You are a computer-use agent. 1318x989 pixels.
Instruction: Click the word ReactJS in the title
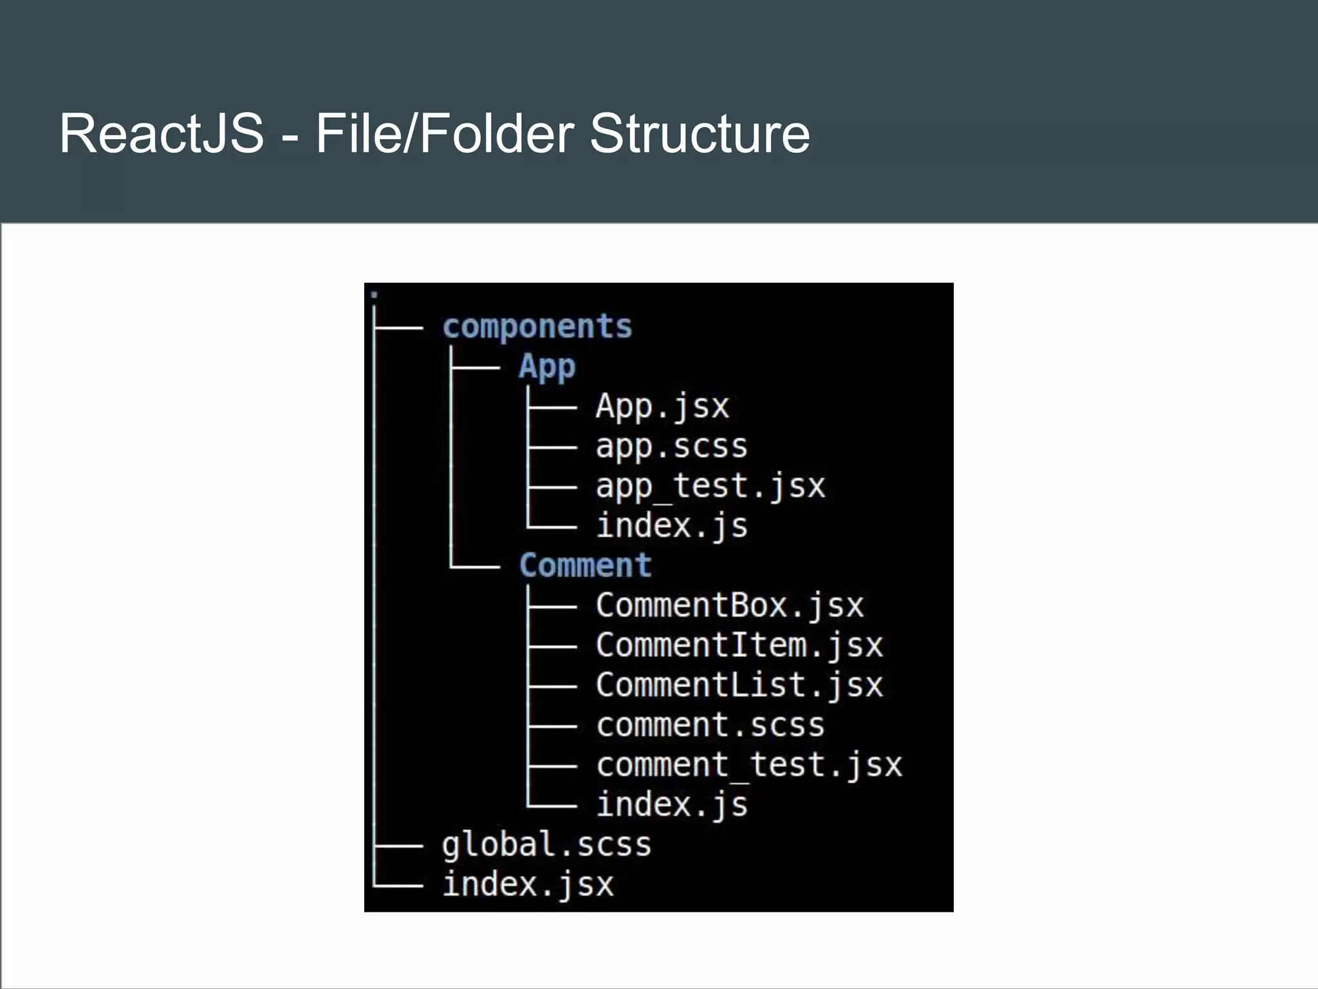pyautogui.click(x=162, y=133)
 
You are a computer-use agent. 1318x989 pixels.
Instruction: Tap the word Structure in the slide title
pyautogui.click(x=700, y=133)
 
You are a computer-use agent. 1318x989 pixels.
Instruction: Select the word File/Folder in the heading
pyautogui.click(x=444, y=133)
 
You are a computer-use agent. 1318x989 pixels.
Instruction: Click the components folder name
pyautogui.click(x=537, y=326)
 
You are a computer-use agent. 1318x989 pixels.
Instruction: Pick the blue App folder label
pyautogui.click(x=547, y=367)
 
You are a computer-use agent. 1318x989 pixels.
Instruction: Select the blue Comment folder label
pyautogui.click(x=585, y=565)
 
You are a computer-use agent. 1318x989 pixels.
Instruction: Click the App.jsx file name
pyautogui.click(x=662, y=406)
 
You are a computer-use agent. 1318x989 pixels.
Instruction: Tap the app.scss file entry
pyautogui.click(x=671, y=446)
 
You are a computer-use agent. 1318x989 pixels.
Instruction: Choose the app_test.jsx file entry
pyautogui.click(x=710, y=486)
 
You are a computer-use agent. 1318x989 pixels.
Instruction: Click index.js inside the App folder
pyautogui.click(x=672, y=526)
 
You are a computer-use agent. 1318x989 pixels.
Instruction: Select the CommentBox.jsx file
pyautogui.click(x=729, y=605)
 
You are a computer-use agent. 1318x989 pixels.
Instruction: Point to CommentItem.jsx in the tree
pyautogui.click(x=739, y=645)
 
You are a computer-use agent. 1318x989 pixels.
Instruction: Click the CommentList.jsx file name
pyautogui.click(x=739, y=685)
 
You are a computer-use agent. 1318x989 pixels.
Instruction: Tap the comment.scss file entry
pyautogui.click(x=710, y=725)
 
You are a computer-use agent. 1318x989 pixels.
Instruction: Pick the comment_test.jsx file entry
pyautogui.click(x=748, y=765)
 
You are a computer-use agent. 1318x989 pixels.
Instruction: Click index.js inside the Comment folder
pyautogui.click(x=672, y=805)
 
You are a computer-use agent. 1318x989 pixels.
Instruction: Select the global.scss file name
pyautogui.click(x=546, y=845)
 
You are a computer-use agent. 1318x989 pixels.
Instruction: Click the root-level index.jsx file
pyautogui.click(x=528, y=884)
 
